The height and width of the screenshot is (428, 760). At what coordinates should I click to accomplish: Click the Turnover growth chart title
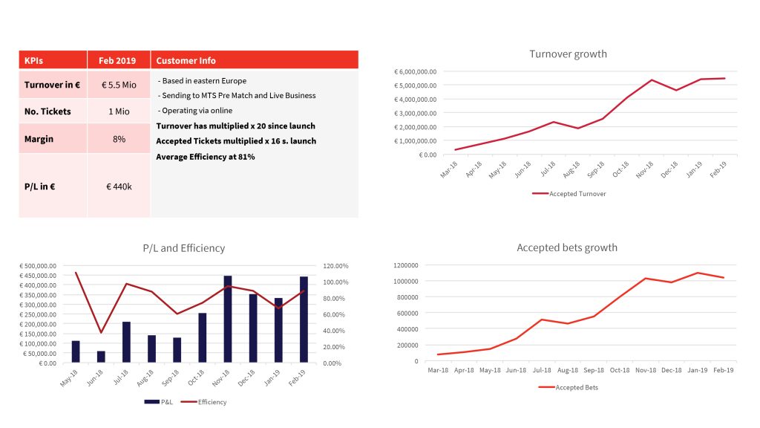(568, 54)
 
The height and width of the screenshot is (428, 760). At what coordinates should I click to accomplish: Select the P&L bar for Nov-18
(227, 320)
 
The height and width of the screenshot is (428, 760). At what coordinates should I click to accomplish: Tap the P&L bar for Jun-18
(101, 357)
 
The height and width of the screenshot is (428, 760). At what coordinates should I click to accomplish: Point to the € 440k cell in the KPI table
(119, 187)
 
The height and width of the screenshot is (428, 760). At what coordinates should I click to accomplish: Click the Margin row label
(39, 139)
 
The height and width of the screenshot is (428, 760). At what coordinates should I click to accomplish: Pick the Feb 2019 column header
(119, 60)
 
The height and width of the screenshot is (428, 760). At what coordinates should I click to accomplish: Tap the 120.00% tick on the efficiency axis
(335, 266)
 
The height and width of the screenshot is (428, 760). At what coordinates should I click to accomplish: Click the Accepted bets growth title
(567, 247)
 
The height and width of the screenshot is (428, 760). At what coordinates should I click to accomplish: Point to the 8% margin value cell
(119, 139)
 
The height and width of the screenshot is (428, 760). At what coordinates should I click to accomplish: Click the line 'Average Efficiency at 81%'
(206, 157)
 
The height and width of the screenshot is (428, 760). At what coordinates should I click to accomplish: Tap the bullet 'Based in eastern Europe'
(203, 80)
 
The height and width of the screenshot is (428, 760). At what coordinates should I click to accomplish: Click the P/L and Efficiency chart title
(183, 248)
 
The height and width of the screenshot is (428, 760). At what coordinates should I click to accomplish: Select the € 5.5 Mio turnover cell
(119, 85)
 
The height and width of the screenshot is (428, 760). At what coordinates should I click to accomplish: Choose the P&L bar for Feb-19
(304, 320)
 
